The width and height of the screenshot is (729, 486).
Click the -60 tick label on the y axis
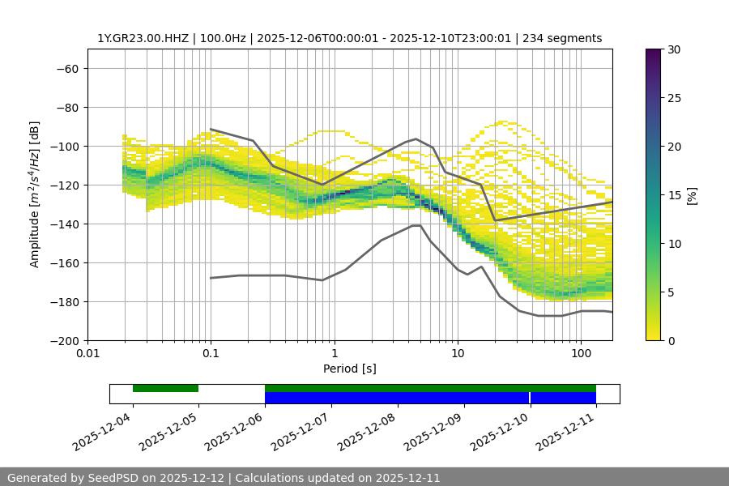tap(66, 69)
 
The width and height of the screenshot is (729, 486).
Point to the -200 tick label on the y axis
tap(63, 341)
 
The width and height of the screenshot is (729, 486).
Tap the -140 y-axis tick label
tap(63, 224)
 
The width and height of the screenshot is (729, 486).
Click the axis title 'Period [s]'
tap(349, 369)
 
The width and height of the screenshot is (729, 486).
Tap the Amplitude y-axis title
tap(35, 194)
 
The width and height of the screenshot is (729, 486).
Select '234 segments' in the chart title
tap(565, 38)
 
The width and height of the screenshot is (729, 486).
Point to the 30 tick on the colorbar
tap(673, 49)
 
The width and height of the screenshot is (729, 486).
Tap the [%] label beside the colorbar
tap(692, 194)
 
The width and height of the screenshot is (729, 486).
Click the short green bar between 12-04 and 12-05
tap(165, 388)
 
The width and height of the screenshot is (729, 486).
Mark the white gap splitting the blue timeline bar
tap(530, 398)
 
